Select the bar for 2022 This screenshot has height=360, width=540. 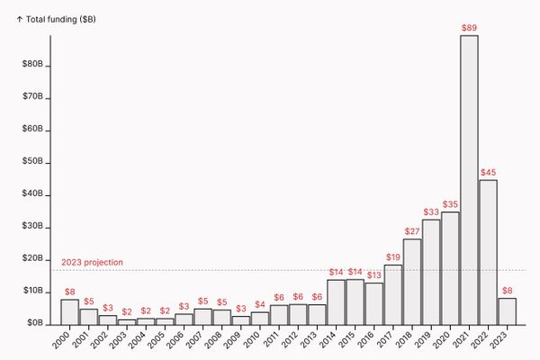pyautogui.click(x=488, y=252)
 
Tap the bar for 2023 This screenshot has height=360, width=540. pyautogui.click(x=507, y=311)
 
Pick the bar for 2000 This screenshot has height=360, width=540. pyautogui.click(x=69, y=311)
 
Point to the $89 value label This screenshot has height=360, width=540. pyautogui.click(x=469, y=29)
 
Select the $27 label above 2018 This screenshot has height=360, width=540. pyautogui.click(x=411, y=231)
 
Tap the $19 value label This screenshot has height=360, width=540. pyautogui.click(x=392, y=257)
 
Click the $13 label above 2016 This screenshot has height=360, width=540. pyautogui.click(x=373, y=275)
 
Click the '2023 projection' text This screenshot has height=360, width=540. pyautogui.click(x=92, y=263)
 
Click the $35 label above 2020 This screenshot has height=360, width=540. pyautogui.click(x=450, y=204)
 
